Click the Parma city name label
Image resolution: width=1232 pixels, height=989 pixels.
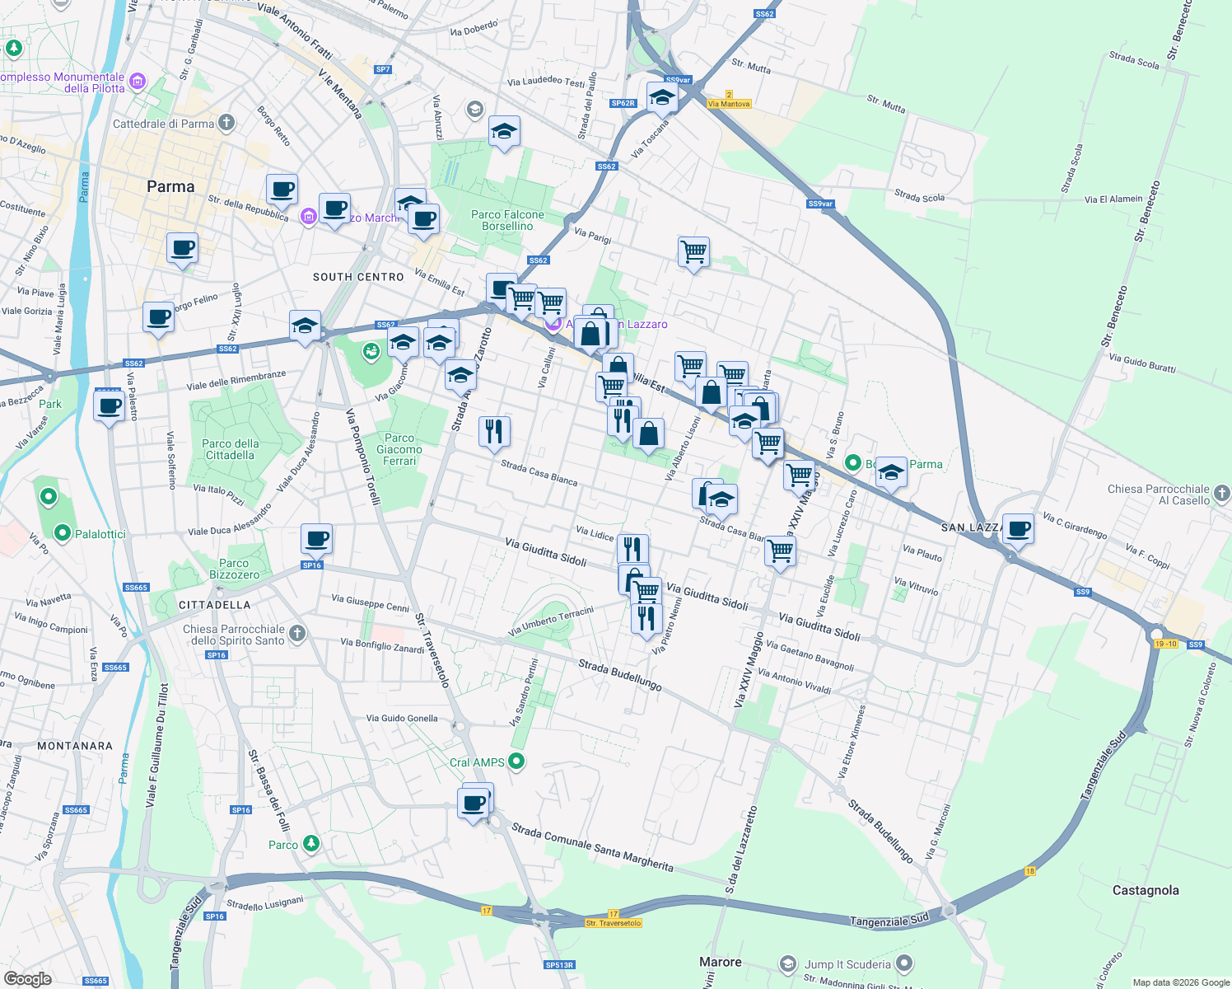(x=170, y=187)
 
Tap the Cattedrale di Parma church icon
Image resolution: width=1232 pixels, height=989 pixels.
(x=226, y=124)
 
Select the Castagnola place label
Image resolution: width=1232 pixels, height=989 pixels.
(x=1145, y=890)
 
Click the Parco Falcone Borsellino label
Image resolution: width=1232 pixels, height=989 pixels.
(x=507, y=220)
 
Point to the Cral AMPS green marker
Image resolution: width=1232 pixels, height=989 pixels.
(x=516, y=762)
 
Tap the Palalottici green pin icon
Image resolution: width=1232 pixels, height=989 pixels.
(x=63, y=533)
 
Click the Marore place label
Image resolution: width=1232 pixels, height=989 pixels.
(x=720, y=962)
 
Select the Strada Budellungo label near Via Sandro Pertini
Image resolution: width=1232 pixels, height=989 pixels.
(x=619, y=674)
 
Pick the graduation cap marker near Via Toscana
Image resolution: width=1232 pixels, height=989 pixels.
(x=662, y=97)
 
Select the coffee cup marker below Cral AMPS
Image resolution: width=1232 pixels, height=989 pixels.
(x=474, y=803)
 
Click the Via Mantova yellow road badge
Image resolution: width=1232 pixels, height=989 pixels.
(x=729, y=104)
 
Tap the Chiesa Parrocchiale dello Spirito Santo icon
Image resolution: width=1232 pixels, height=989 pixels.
(x=297, y=634)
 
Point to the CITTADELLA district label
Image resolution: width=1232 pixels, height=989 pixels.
(x=214, y=605)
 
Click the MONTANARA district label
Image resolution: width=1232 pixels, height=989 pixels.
(x=75, y=746)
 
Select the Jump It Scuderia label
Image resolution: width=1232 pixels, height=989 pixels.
(x=847, y=964)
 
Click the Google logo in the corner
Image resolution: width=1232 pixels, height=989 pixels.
(x=27, y=978)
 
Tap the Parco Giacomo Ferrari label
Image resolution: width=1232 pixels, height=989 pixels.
(x=399, y=449)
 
